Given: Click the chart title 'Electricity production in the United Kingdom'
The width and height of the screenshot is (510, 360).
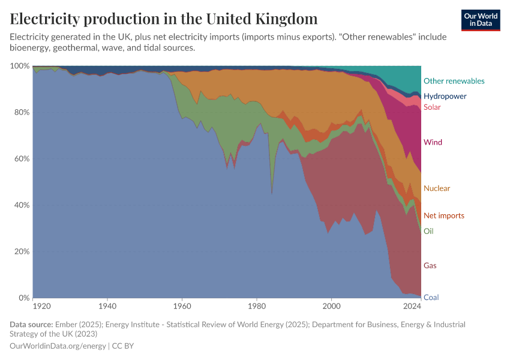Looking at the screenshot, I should coord(164,19).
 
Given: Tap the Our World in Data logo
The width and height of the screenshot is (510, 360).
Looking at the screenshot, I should coord(481,20).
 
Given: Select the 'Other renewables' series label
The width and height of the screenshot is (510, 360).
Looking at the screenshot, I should coord(454,81).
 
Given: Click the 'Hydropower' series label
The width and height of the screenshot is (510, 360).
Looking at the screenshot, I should coord(445,96).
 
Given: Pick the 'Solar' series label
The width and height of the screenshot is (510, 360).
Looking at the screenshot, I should coord(432,107).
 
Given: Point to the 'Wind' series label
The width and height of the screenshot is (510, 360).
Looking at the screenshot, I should coord(433,142).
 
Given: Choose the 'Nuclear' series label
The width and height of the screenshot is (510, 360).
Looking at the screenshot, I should coord(436,188).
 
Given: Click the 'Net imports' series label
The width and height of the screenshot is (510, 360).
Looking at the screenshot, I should coord(443,215).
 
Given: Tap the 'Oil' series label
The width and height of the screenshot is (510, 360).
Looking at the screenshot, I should coord(428,231).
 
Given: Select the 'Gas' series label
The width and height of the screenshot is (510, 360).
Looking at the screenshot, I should coord(430,265).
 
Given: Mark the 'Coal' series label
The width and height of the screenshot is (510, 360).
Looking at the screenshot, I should coord(430,298).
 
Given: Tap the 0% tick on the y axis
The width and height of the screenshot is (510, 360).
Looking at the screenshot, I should coord(23,298).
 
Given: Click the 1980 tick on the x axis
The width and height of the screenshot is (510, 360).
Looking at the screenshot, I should coord(257,307).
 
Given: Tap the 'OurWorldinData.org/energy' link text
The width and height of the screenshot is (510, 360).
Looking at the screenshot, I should coord(58,346).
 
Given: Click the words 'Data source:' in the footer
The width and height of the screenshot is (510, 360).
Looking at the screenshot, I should coord(31,325).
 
